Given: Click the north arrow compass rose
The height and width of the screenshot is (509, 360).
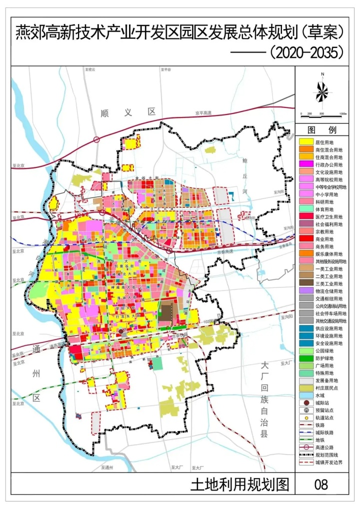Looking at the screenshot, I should [322, 90].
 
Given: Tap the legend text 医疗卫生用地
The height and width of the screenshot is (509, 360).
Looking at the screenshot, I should [329, 216].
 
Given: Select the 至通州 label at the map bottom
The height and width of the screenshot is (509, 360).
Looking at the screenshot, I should [107, 467].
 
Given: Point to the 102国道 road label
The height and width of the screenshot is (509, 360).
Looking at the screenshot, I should [211, 321].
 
